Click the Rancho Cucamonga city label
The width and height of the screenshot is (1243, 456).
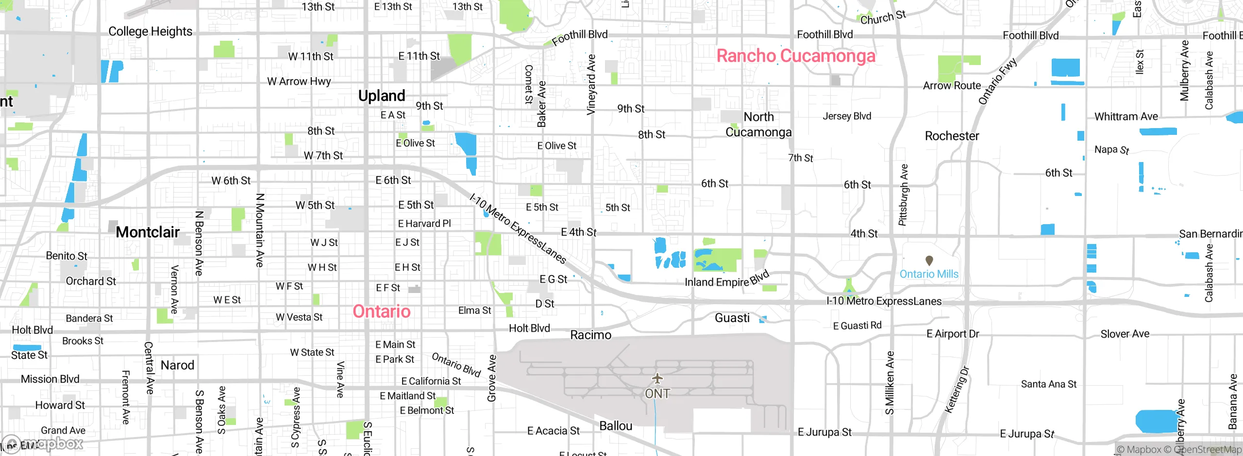click(796, 56)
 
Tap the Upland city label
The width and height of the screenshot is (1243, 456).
click(382, 96)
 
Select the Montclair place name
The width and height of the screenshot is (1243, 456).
click(148, 232)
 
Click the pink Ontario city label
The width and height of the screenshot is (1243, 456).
click(382, 311)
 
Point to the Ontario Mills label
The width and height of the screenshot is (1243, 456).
click(929, 274)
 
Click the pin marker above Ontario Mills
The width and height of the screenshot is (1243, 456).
click(929, 261)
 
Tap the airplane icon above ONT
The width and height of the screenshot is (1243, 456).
click(657, 378)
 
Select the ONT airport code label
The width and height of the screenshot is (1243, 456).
click(657, 393)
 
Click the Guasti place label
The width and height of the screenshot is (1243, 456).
click(732, 318)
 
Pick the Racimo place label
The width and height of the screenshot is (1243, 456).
click(590, 335)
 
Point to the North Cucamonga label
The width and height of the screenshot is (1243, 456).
click(758, 125)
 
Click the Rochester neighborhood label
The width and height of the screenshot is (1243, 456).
click(952, 136)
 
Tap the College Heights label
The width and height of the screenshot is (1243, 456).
click(151, 32)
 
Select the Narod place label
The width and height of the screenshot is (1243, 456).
click(177, 365)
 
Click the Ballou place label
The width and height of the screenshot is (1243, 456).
click(616, 426)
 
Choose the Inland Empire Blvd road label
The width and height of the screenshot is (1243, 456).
click(727, 279)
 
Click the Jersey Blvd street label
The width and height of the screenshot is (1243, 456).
click(847, 116)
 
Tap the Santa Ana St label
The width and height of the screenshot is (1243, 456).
click(1049, 384)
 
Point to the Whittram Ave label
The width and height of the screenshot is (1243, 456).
click(1126, 116)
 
